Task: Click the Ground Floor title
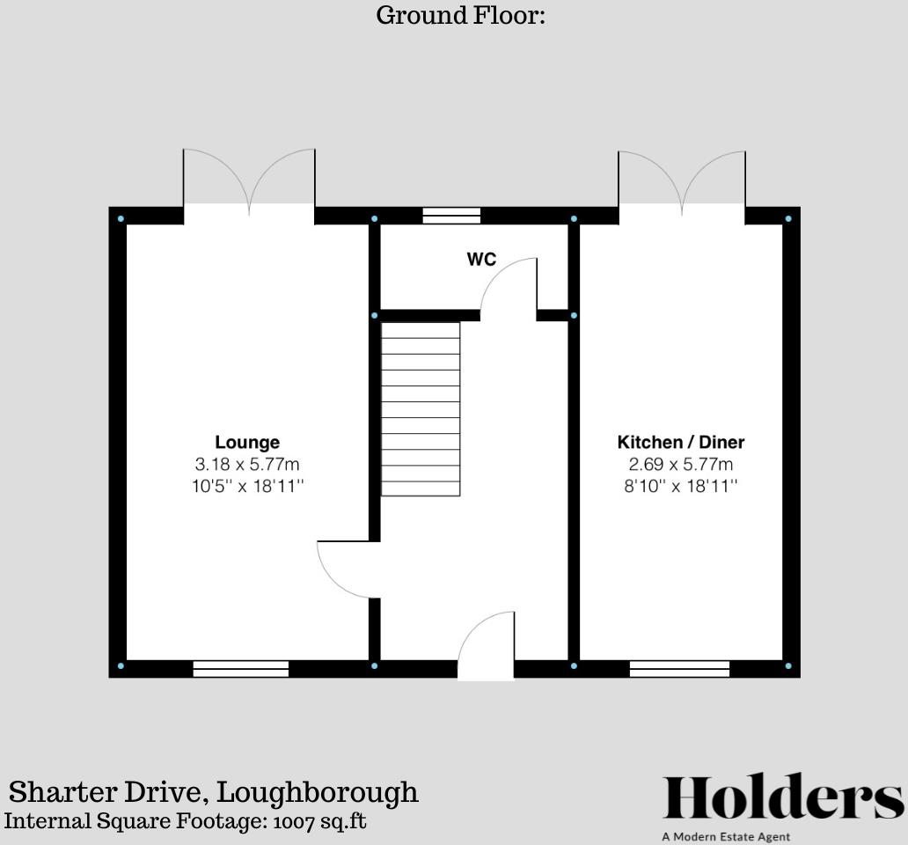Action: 460,15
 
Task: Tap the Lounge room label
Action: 247,442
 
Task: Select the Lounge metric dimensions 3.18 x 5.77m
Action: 247,464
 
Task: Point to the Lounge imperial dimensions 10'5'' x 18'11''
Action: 247,486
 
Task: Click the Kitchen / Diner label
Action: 680,442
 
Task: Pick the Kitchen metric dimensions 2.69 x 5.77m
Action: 680,464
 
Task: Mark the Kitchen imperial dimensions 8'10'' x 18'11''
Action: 680,486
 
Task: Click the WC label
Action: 481,260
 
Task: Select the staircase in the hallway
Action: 421,408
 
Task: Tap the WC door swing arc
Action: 508,286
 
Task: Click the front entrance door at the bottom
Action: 486,647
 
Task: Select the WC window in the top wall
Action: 451,216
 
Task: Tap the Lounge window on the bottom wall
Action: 241,669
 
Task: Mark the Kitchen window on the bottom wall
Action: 679,669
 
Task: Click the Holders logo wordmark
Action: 782,799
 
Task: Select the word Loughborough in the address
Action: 318,792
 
